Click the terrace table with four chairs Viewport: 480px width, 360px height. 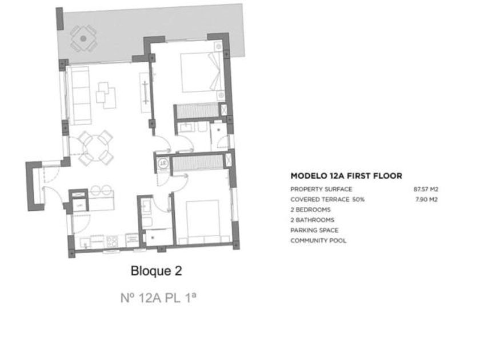[83, 39]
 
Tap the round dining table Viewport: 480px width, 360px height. [95, 148]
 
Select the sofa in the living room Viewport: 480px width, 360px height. [79, 96]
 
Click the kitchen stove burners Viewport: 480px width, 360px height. [113, 241]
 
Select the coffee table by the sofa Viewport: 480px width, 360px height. [106, 95]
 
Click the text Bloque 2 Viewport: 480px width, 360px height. [157, 271]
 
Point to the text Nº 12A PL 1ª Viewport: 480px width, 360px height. [158, 298]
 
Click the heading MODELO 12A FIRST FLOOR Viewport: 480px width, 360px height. [346, 176]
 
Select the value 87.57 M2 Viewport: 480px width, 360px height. [426, 189]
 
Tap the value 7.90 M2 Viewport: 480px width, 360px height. [426, 199]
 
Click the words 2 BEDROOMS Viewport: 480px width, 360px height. [310, 210]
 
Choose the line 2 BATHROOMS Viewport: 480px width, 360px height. [312, 220]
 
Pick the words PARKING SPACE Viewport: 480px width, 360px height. [314, 230]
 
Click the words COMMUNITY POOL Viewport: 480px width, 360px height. [318, 241]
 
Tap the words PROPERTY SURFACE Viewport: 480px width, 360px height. [321, 189]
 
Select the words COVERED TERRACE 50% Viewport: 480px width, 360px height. [327, 199]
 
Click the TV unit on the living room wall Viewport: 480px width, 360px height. [145, 93]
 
